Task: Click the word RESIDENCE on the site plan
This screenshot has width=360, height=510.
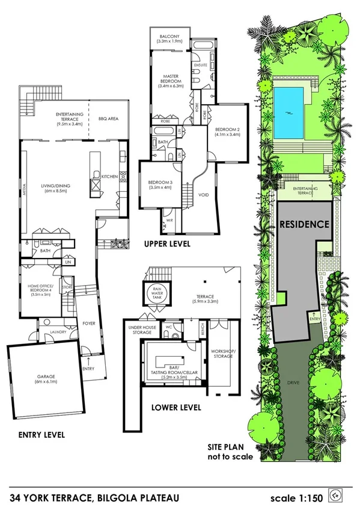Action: pyautogui.click(x=305, y=224)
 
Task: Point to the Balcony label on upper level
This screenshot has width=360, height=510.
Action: pyautogui.click(x=169, y=37)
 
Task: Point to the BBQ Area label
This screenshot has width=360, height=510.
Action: pyautogui.click(x=108, y=119)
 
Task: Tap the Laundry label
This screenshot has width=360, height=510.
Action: pyautogui.click(x=58, y=330)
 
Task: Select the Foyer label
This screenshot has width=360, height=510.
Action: pyautogui.click(x=89, y=322)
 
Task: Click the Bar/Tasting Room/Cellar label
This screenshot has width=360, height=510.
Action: pyautogui.click(x=171, y=376)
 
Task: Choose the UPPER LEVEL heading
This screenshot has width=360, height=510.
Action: pyautogui.click(x=167, y=244)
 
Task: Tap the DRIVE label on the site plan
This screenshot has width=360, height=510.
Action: pyautogui.click(x=293, y=382)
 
